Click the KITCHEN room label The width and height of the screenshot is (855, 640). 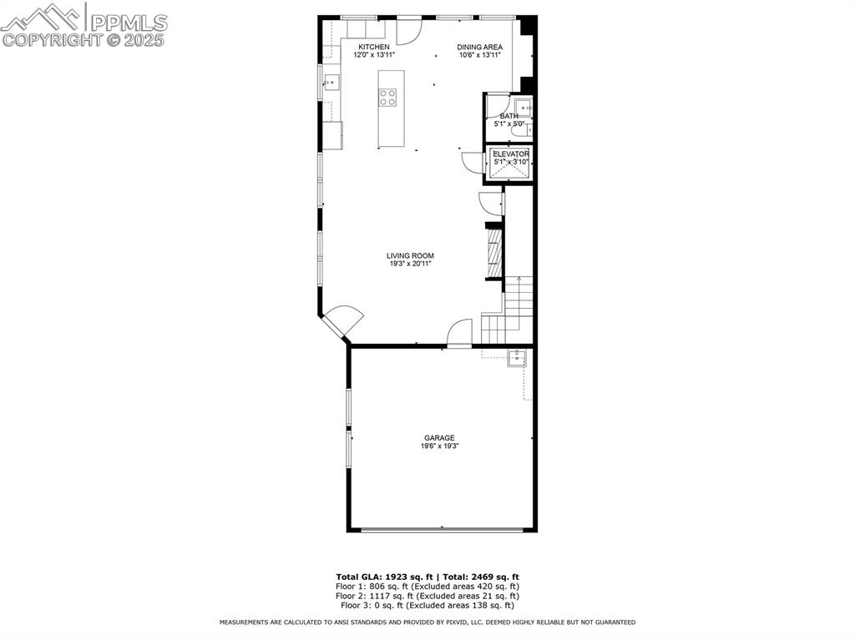(373, 47)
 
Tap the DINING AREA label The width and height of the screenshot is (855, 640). (479, 47)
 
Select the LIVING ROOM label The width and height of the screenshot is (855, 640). (410, 256)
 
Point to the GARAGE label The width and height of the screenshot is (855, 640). (439, 438)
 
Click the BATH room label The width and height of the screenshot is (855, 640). (508, 116)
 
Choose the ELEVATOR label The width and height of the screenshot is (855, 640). (510, 154)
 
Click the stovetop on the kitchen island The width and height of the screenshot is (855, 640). (387, 97)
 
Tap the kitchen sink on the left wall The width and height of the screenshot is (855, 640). (331, 82)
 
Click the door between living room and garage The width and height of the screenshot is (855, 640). (459, 334)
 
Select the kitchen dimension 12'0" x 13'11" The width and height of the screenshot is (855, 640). (373, 55)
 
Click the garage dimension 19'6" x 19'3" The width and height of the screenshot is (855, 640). (439, 446)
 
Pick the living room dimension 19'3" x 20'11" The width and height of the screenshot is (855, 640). (410, 264)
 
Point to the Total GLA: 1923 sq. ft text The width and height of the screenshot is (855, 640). (380, 577)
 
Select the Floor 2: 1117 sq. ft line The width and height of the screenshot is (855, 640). (427, 596)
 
